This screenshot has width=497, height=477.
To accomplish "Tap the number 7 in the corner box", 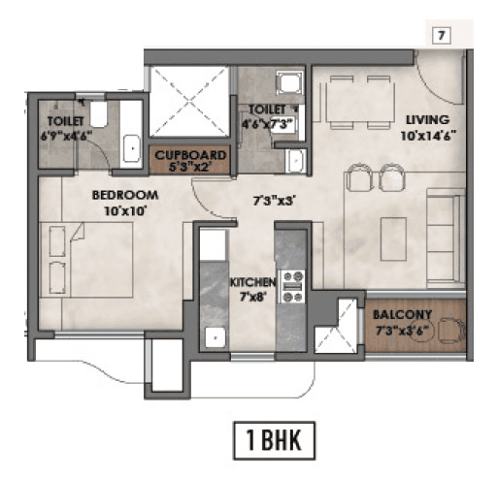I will (x=441, y=37).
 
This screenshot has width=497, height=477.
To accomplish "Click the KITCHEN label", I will (x=252, y=282).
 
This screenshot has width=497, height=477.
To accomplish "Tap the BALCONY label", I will (x=404, y=316).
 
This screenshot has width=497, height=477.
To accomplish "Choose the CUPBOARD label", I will (x=192, y=154).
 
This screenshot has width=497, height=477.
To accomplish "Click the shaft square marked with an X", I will (x=188, y=101).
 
